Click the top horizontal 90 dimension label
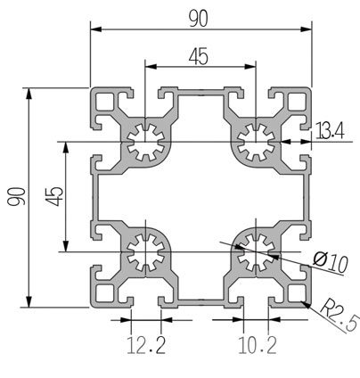pyautogui.click(x=199, y=18)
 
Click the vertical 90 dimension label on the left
pyautogui.click(x=16, y=196)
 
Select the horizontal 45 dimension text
pyautogui.click(x=199, y=57)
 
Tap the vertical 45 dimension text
pyautogui.click(x=54, y=196)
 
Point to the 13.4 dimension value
pyautogui.click(x=330, y=131)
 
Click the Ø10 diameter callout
pyautogui.click(x=331, y=263)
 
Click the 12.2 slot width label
pyautogui.click(x=146, y=345)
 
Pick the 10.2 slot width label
pyautogui.click(x=258, y=345)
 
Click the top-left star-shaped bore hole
pyautogui.click(x=146, y=142)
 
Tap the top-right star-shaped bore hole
pyautogui.click(x=256, y=142)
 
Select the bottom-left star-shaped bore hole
pyautogui.click(x=146, y=252)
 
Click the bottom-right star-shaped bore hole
pyautogui.click(x=256, y=252)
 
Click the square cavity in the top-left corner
pyautogui.click(x=104, y=102)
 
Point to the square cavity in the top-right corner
pyautogui.click(x=298, y=102)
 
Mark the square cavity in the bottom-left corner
pyautogui.click(x=104, y=293)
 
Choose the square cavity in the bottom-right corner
pyautogui.click(x=298, y=293)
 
